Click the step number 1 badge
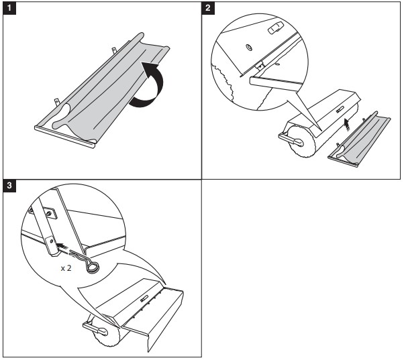9,8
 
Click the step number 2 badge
209,8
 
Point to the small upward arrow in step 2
346,123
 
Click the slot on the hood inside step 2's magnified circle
275,29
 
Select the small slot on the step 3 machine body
146,297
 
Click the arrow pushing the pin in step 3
63,245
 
